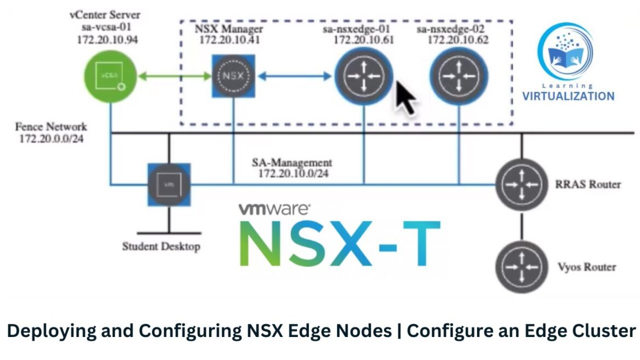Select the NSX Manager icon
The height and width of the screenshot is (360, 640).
(234, 76)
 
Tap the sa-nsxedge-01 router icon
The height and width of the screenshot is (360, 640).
(364, 76)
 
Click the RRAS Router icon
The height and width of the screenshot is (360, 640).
(522, 184)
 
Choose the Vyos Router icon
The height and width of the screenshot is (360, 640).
(522, 266)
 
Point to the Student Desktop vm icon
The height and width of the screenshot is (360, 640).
(169, 184)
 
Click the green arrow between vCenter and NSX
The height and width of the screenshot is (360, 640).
(174, 77)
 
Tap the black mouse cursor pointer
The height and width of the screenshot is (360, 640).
(406, 97)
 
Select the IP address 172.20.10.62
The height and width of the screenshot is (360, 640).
(458, 40)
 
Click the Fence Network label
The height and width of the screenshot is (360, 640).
(50, 127)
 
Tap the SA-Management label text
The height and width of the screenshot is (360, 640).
(292, 163)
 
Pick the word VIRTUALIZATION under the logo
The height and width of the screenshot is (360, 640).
(568, 96)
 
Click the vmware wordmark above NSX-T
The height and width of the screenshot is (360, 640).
(275, 208)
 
